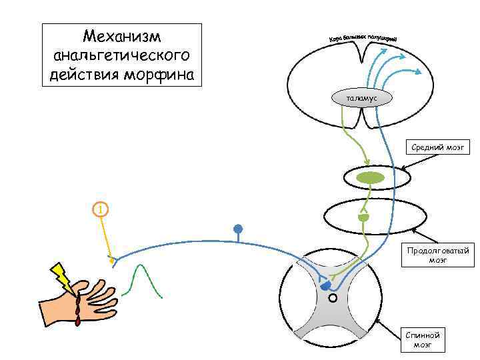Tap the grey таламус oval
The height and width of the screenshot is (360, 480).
click(x=362, y=98)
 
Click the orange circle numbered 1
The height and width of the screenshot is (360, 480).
click(x=99, y=209)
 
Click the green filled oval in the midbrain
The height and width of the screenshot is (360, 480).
click(x=370, y=178)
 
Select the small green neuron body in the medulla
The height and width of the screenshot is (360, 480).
click(x=363, y=217)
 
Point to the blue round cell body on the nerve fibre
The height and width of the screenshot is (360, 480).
click(x=237, y=230)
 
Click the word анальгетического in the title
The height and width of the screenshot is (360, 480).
click(x=121, y=55)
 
